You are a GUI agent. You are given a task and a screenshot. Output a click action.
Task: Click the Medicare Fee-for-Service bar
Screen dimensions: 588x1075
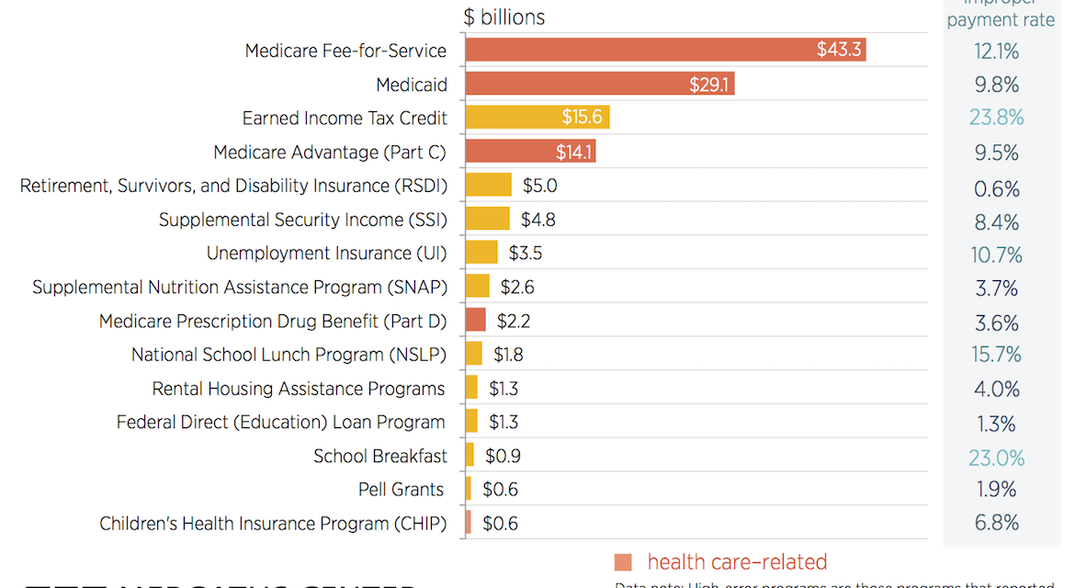pos(665,51)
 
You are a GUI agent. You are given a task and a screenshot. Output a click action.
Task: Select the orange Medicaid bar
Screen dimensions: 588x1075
pos(599,85)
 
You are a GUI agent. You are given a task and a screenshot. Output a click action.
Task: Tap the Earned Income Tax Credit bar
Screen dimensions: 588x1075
pos(537,118)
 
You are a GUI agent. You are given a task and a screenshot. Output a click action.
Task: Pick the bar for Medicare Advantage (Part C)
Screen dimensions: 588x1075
pos(530,152)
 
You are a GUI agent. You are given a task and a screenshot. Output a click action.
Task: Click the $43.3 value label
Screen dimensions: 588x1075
pos(839,51)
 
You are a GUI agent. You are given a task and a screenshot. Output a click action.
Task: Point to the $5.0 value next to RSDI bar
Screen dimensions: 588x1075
pos(540,186)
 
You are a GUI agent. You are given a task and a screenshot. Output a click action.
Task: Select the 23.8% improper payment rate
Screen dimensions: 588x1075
pos(996,118)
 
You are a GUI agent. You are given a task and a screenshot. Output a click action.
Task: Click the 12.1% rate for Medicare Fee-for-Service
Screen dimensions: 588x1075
pos(996,51)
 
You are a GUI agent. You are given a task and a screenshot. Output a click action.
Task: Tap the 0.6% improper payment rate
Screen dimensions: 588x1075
pos(997,189)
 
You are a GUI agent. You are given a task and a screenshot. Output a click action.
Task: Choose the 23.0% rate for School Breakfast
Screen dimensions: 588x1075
pos(996,458)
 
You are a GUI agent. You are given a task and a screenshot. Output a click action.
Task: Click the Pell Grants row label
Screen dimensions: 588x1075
pos(402,490)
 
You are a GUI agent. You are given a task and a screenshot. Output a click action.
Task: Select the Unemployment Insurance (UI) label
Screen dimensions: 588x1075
pos(326,254)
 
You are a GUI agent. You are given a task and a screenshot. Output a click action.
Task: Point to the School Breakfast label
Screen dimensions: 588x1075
pos(380,457)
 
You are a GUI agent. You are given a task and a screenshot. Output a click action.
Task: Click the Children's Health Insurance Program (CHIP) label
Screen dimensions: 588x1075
pos(273,524)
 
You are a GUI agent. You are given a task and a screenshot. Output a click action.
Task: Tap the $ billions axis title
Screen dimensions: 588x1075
pos(504,17)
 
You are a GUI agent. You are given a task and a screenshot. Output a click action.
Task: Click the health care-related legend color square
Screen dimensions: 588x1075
pos(624,562)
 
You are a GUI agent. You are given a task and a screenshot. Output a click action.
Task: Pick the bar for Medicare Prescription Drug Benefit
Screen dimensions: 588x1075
pos(475,320)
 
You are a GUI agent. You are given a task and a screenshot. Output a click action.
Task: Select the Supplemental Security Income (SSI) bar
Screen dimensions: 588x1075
pos(487,219)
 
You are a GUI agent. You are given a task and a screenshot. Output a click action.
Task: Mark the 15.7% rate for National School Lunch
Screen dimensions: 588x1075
pos(996,355)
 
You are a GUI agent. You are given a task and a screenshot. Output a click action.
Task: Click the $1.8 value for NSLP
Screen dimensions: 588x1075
pos(508,355)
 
